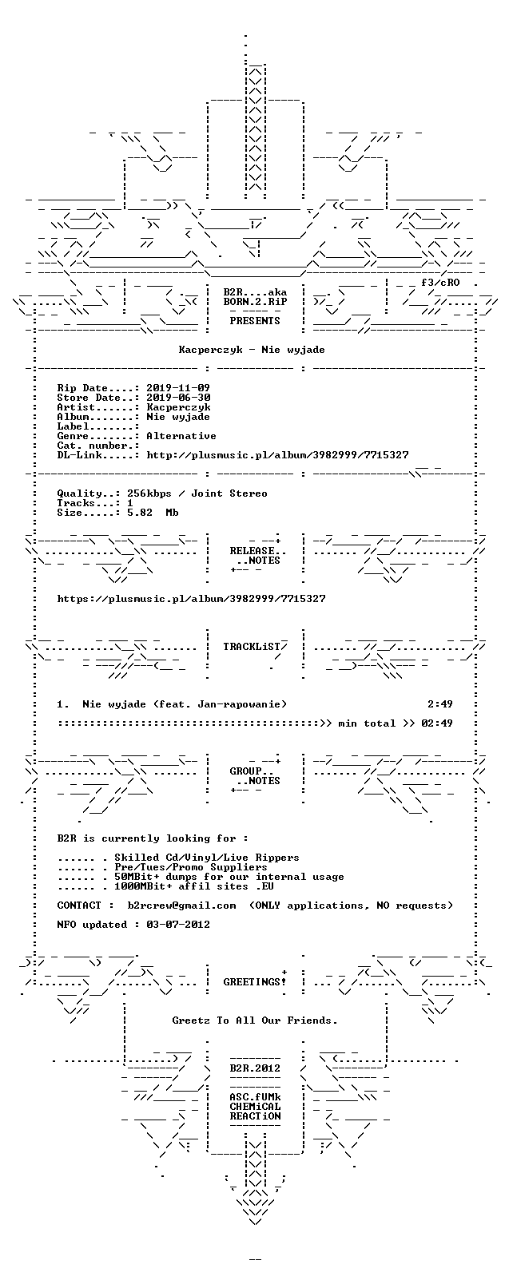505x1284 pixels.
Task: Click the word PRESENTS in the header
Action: [x=255, y=321]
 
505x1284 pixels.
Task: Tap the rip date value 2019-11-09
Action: [x=178, y=388]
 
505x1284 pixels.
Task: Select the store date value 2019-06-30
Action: [x=178, y=398]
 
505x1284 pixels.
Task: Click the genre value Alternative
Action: [x=181, y=436]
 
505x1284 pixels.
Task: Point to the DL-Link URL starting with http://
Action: [x=278, y=455]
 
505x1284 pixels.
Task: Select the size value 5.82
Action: [x=140, y=513]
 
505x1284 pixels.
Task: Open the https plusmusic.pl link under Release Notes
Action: [x=191, y=599]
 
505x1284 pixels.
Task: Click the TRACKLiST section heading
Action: [x=255, y=647]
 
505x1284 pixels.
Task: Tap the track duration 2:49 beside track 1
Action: [x=440, y=704]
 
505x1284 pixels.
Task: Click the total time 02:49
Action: [x=437, y=723]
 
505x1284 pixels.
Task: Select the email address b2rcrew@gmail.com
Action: [x=181, y=905]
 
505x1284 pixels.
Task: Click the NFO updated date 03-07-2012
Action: [x=178, y=924]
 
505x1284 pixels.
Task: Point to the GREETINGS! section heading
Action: [x=255, y=982]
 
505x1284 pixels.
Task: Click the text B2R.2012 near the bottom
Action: [x=255, y=1068]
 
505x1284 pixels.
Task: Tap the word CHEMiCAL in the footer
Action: [x=255, y=1106]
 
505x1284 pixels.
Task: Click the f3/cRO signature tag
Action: [x=440, y=283]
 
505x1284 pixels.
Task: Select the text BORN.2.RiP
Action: [x=255, y=302]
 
